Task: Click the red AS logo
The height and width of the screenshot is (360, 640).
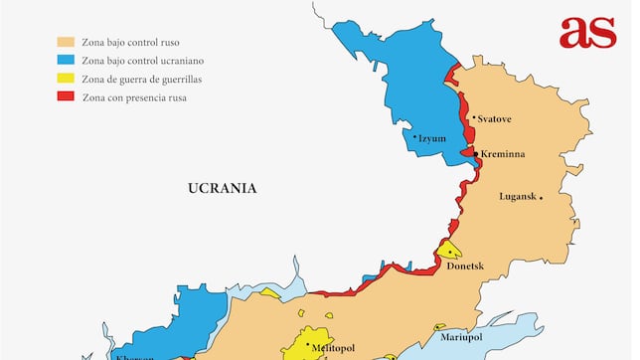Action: coord(587,32)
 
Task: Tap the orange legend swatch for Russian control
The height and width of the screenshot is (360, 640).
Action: coord(66,43)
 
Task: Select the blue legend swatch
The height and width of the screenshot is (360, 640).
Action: coord(66,61)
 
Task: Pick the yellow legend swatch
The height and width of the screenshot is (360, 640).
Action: coord(66,79)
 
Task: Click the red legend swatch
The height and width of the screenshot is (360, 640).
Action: coord(66,96)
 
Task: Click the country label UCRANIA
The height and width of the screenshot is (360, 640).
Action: coord(223,187)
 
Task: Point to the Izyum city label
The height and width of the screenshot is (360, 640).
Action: coord(433,138)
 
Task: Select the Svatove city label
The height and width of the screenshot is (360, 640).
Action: coord(494,118)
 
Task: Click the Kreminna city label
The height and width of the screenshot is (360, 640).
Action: coord(502,154)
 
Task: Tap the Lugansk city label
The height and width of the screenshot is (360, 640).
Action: coord(518,197)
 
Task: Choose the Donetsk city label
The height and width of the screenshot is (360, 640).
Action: coord(465,267)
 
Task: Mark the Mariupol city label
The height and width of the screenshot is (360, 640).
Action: coord(462,338)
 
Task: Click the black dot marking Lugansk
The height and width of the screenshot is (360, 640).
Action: coord(541,197)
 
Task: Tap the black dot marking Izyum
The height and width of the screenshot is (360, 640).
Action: coord(414,137)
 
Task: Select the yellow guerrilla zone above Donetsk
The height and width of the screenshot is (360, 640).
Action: coord(449,250)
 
